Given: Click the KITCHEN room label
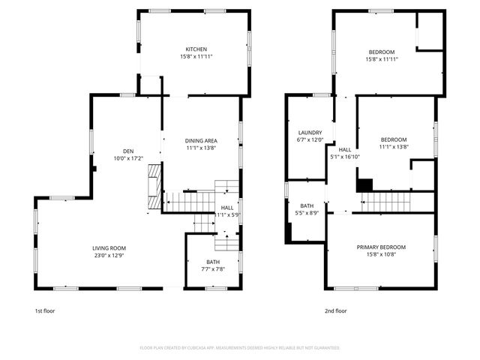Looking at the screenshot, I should coord(196,49).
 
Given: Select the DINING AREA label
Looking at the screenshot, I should coord(201,140).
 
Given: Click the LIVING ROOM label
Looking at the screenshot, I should coord(109,248).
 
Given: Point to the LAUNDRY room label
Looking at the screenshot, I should coord(310,132).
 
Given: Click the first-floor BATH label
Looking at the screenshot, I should coord(213,262).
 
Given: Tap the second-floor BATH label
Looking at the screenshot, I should coord(307,205).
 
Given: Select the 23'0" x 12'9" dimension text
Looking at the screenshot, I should coord(109,256).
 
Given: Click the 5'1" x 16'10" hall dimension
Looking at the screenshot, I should coord(345,157).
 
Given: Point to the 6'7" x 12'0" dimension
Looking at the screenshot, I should coord(310,139).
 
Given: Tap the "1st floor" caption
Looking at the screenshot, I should coord(44,310).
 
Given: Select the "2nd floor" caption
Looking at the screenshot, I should coord(335,310).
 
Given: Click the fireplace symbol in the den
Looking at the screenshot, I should coord(154,187).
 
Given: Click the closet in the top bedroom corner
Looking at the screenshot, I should coord(430,30).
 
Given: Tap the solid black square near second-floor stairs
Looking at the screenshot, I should coord(364,184).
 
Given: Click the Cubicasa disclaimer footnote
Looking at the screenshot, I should coord(240,348).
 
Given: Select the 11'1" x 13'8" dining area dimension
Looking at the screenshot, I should coord(201,148).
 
